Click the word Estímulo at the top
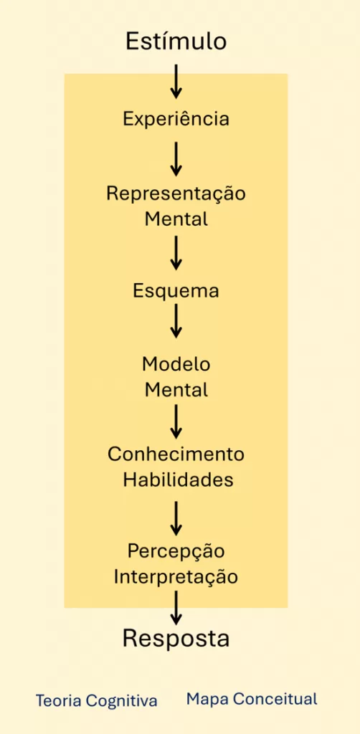click(176, 42)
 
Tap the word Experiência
click(176, 120)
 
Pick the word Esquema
click(176, 292)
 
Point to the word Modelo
click(176, 364)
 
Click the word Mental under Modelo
click(176, 389)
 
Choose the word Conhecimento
click(176, 454)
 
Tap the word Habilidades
click(178, 480)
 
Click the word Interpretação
click(176, 577)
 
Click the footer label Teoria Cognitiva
click(96, 701)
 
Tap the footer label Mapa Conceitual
click(252, 700)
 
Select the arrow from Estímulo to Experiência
click(176, 82)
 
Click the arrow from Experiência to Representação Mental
click(176, 159)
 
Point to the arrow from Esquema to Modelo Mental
click(176, 320)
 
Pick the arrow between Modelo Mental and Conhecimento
click(176, 421)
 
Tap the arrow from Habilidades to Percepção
click(176, 518)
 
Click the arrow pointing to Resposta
click(176, 608)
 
